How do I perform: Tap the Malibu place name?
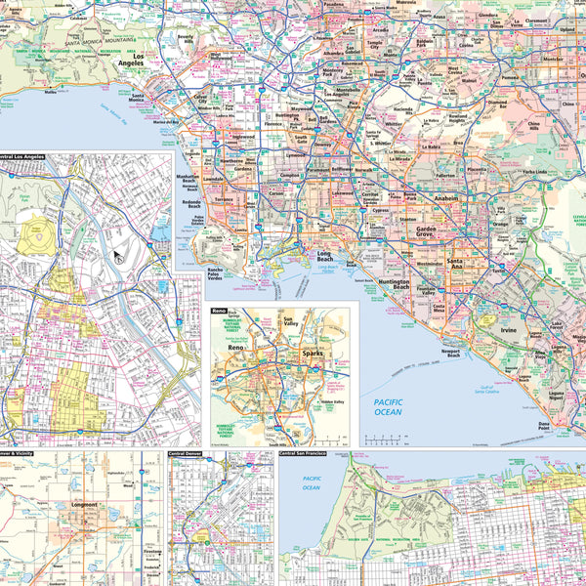pyautogui.click(x=51, y=94)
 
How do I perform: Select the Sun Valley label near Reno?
pyautogui.click(x=289, y=322)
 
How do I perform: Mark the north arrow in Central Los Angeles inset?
pyautogui.click(x=117, y=257)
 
